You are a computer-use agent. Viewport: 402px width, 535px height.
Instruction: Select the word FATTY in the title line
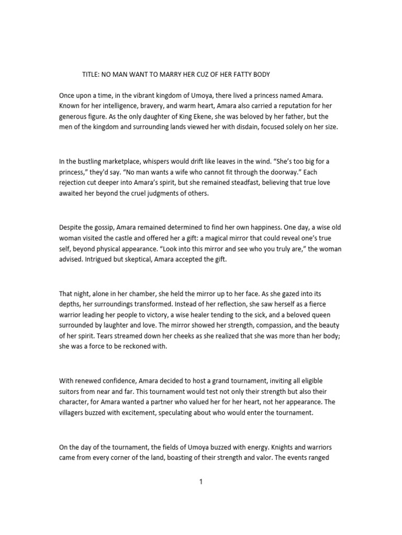pyautogui.click(x=238, y=75)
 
